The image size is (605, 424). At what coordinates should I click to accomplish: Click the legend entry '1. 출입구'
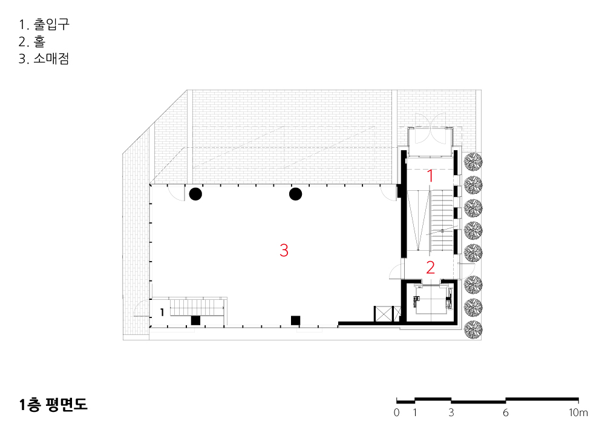(44, 24)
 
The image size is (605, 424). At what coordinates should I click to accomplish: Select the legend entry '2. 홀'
(32, 41)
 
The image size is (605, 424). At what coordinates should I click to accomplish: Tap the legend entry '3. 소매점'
(44, 59)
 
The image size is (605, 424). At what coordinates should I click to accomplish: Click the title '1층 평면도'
(53, 404)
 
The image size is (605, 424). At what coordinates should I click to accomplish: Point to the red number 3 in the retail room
(284, 250)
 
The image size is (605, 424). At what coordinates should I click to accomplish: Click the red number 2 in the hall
(430, 267)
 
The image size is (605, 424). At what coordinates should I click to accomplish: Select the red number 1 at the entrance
(430, 176)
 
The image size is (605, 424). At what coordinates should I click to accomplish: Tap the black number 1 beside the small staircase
(162, 312)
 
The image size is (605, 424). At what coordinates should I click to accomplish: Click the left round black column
(195, 194)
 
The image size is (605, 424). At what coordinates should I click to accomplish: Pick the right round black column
(296, 194)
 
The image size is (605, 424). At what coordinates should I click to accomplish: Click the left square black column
(195, 320)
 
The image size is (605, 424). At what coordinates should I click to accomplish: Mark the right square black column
(296, 320)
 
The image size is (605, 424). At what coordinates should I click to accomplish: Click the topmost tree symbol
(473, 162)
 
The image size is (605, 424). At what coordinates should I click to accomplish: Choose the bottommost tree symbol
(473, 330)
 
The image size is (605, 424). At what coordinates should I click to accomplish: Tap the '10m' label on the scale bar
(578, 412)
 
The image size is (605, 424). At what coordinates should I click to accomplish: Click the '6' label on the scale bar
(505, 412)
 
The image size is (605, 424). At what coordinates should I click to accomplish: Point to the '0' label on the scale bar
(397, 412)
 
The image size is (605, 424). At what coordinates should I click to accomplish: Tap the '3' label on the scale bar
(451, 412)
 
